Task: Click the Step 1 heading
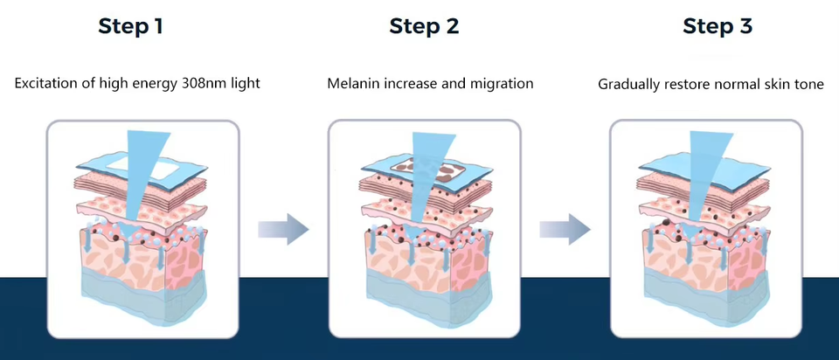[130, 26]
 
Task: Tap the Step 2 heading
[424, 26]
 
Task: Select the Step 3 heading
[718, 26]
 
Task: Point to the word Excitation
[43, 84]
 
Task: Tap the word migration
[502, 84]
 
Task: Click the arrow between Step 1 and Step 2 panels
[283, 229]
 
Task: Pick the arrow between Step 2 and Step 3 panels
[565, 229]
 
